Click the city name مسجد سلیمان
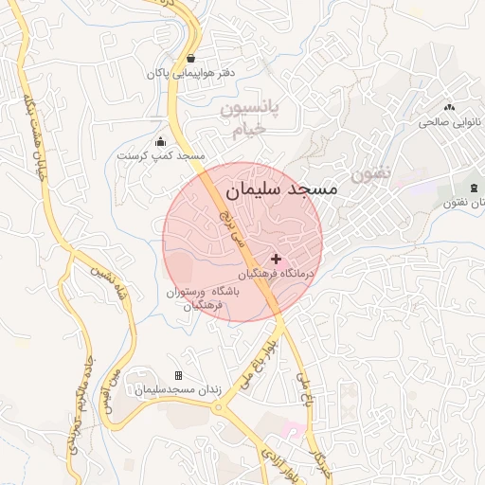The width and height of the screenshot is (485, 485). click(x=282, y=189)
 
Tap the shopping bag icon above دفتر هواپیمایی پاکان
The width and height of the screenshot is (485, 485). click(x=191, y=58)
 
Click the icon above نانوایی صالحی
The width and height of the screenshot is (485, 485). click(x=449, y=108)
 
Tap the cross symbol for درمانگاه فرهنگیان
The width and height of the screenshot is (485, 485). click(x=277, y=258)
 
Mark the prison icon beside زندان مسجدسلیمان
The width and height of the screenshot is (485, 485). click(x=178, y=376)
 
